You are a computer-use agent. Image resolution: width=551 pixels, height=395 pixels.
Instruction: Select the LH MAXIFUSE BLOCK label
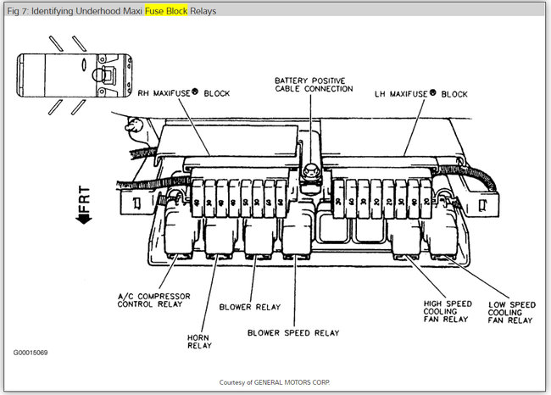[420, 93]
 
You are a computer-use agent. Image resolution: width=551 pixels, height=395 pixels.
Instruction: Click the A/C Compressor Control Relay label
[154, 300]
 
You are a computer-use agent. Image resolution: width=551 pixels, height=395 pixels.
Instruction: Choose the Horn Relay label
[200, 340]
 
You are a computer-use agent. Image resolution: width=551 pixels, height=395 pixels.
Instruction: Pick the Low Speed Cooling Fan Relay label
[511, 311]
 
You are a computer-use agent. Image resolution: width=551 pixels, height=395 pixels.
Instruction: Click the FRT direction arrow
[85, 206]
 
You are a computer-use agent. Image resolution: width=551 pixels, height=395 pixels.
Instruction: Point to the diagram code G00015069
[30, 352]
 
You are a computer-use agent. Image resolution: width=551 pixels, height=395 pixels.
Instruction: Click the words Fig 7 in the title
[16, 12]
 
